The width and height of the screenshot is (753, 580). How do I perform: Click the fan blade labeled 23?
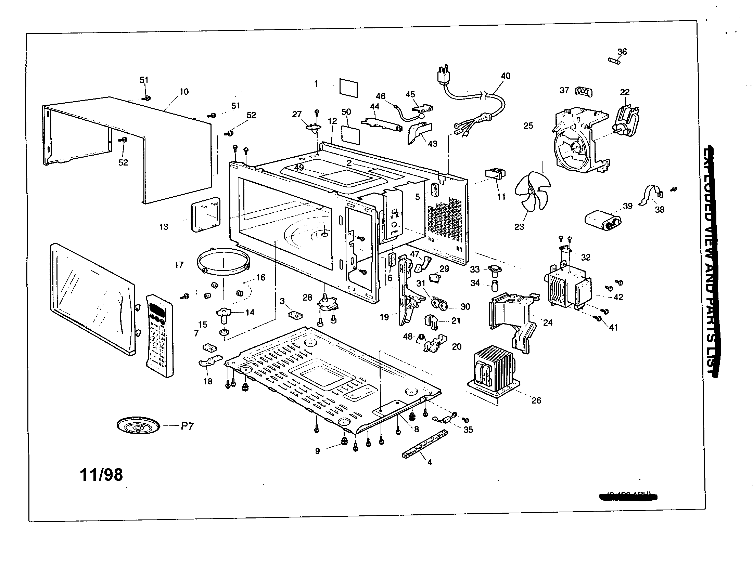(x=532, y=191)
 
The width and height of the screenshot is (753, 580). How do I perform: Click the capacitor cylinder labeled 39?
(x=602, y=220)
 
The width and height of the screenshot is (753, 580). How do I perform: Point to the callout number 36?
(x=622, y=52)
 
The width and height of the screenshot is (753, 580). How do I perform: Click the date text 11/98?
(x=101, y=475)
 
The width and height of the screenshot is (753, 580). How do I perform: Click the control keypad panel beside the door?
(x=159, y=335)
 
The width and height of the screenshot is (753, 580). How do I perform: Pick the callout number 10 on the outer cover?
(x=184, y=92)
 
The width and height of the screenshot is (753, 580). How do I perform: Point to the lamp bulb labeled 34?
(x=495, y=286)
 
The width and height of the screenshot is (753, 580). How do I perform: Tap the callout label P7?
(x=187, y=426)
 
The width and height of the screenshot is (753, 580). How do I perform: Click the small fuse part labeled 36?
(x=614, y=61)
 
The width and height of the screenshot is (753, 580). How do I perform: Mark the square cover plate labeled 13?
(x=205, y=214)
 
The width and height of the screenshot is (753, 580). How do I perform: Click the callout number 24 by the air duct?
(x=548, y=323)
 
